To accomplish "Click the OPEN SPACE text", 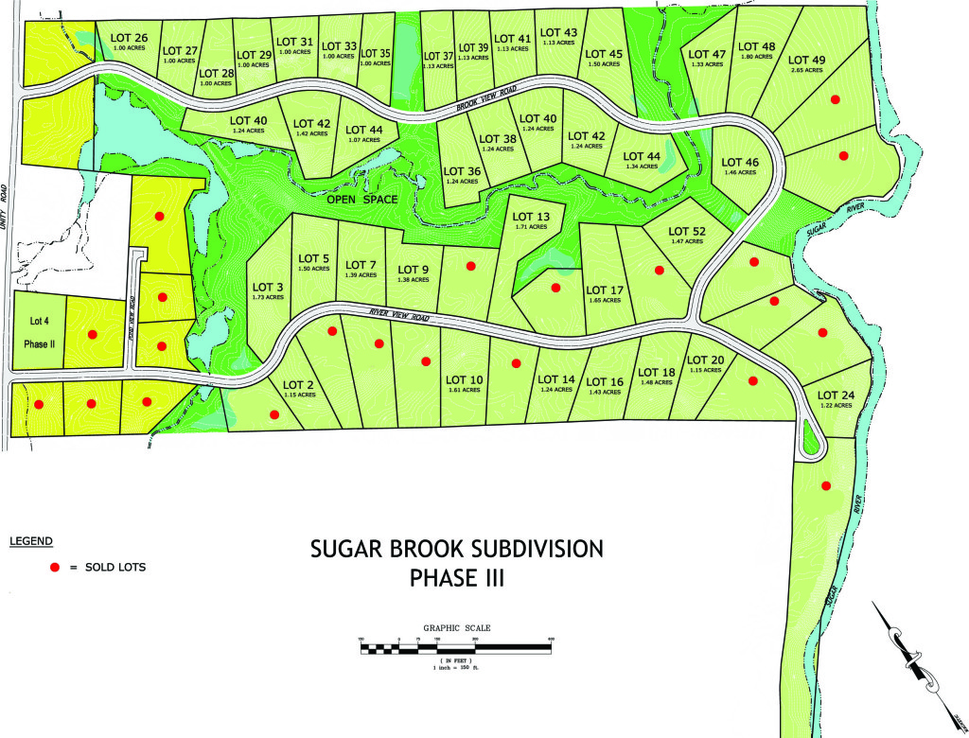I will pyautogui.click(x=362, y=200).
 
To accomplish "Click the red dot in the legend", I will pyautogui.click(x=55, y=567).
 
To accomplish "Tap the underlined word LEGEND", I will pyautogui.click(x=31, y=541).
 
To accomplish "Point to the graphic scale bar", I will pyautogui.click(x=455, y=648).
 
